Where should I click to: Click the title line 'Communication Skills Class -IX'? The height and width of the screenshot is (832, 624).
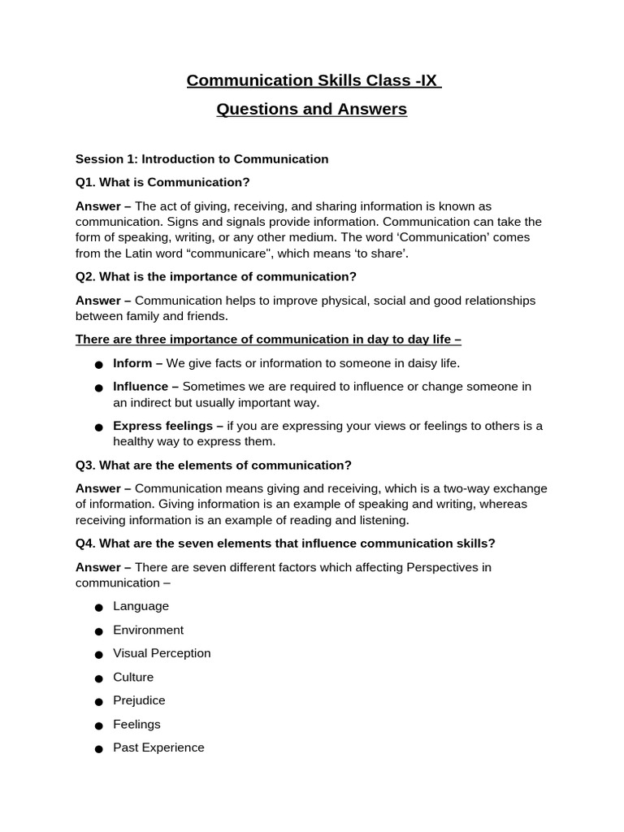(312, 80)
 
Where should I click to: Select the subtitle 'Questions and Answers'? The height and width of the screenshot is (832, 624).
(311, 109)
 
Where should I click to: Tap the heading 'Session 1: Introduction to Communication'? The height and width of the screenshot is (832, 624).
(201, 159)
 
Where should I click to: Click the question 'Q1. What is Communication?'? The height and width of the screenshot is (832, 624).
(162, 182)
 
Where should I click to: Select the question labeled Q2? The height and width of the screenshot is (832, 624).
(216, 276)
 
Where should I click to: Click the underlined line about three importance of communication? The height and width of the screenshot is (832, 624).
(268, 339)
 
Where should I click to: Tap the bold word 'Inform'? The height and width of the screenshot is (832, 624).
(132, 363)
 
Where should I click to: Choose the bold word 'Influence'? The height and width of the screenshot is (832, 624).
(141, 387)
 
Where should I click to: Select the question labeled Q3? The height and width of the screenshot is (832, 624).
(213, 465)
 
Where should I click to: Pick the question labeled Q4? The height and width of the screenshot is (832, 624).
(285, 543)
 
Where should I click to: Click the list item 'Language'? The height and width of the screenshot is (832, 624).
(141, 606)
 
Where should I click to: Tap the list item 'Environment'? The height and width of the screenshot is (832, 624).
(148, 630)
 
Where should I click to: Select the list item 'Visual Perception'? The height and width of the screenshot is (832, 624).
(162, 653)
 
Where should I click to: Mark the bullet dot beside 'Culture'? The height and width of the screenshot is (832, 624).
(98, 678)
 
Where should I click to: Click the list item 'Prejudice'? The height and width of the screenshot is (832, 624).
(139, 700)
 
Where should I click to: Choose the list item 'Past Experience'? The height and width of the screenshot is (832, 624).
(158, 747)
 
